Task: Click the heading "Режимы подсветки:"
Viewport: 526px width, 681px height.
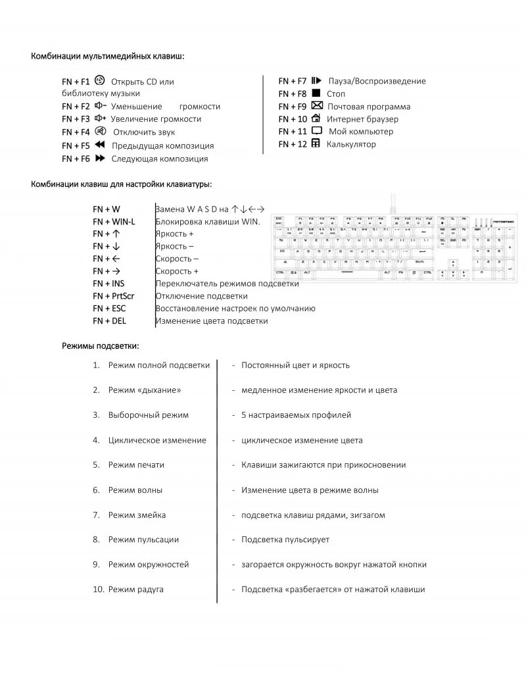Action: coord(100,345)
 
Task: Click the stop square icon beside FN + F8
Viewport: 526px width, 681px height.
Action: coord(316,93)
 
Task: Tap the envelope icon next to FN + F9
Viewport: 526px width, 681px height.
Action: coord(316,106)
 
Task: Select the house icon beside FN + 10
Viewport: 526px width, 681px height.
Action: coord(316,118)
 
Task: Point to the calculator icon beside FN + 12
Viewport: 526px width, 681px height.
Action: coord(316,143)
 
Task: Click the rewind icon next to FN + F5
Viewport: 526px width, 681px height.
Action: coord(100,145)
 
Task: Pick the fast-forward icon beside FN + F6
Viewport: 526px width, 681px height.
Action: coord(100,158)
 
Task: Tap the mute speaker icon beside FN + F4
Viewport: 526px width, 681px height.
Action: coord(101,132)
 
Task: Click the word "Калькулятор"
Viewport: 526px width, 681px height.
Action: coord(351,144)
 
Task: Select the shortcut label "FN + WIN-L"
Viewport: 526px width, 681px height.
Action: coord(114,222)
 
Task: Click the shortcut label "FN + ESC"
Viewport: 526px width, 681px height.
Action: coord(109,309)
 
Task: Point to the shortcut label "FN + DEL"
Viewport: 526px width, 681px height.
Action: coord(109,321)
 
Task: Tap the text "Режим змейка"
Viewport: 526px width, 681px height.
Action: coord(137,515)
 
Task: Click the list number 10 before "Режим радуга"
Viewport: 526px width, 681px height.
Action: coord(98,590)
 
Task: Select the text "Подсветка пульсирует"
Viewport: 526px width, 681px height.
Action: coord(285,540)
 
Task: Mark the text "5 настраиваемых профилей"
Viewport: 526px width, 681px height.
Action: coord(296,415)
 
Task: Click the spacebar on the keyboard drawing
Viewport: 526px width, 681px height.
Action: coord(342,272)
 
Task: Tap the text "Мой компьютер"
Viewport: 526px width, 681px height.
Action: coord(360,132)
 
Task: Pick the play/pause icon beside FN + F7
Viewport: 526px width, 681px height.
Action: coord(316,81)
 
